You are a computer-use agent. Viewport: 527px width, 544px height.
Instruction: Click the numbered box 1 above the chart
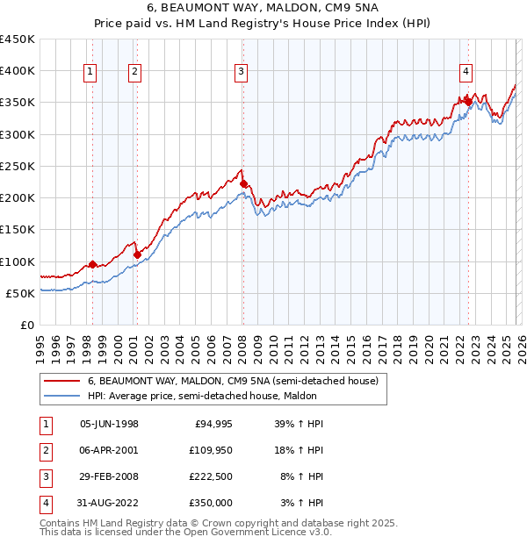tap(91, 73)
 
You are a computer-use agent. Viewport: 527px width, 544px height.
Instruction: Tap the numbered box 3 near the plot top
tap(241, 73)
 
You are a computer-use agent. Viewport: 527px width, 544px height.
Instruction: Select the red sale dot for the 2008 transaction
tap(244, 184)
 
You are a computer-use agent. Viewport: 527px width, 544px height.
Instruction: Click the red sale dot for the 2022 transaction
tap(469, 103)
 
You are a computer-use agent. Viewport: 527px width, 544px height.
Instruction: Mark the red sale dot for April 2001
tap(137, 255)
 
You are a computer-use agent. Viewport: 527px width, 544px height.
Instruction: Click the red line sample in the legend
tap(62, 382)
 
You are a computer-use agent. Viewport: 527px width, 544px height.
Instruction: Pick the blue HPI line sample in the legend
tap(62, 396)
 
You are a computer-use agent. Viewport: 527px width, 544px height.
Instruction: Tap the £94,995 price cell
tap(212, 424)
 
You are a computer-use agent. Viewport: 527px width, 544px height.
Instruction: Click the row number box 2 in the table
tap(44, 449)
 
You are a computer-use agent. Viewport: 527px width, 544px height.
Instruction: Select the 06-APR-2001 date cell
tap(109, 449)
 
